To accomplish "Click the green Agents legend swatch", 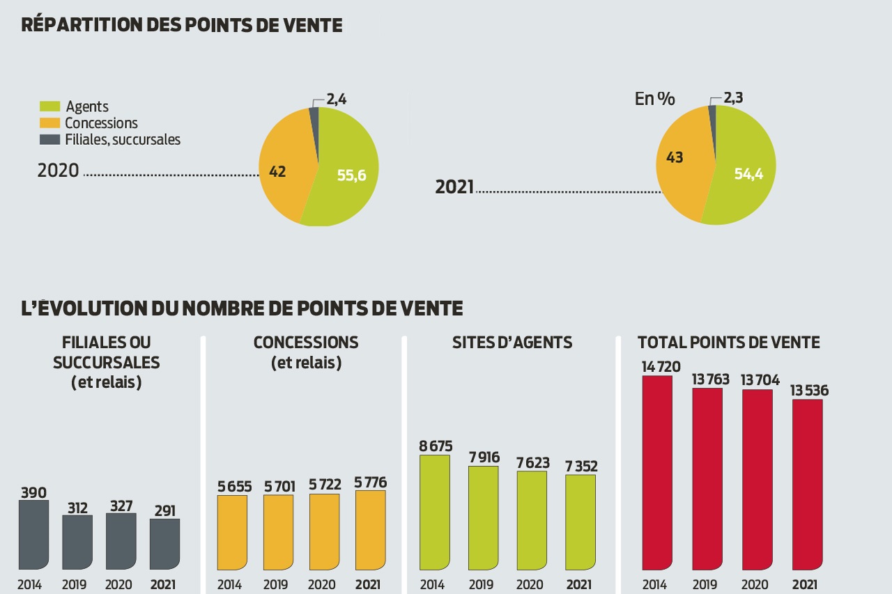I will tap(49, 107).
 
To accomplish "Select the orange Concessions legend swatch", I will tap(49, 123).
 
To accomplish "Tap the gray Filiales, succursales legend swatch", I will tap(49, 139).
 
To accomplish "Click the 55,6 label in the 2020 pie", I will tap(351, 175).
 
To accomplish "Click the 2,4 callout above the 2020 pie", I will tap(337, 100).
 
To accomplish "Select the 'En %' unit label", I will tap(654, 99).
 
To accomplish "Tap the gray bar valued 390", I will tap(33, 535).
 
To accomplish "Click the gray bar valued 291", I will tap(164, 544).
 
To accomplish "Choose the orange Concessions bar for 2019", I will tap(278, 532).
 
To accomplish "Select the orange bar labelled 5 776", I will tap(370, 530).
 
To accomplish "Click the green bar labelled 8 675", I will tap(434, 513).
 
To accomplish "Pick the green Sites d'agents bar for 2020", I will tap(532, 521).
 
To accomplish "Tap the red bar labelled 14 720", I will tap(656, 473).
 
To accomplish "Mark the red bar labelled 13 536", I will tap(807, 485).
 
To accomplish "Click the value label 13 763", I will tap(710, 380).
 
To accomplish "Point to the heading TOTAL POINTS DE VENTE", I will tap(728, 342).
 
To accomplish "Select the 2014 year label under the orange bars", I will tap(229, 584).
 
